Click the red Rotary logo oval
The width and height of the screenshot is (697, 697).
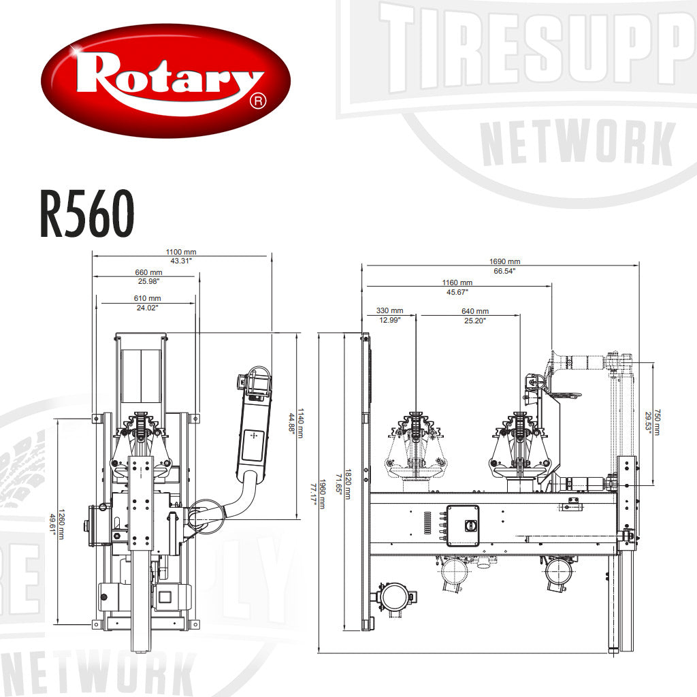[166, 80]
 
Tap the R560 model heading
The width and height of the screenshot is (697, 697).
[86, 214]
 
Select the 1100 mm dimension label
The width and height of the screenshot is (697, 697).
[181, 252]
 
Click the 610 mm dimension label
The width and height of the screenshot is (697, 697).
[147, 299]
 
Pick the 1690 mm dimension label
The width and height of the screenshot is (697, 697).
[504, 261]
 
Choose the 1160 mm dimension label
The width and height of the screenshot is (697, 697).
[457, 282]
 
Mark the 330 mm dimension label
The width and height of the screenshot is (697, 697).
[389, 311]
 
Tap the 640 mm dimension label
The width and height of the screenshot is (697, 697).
[475, 311]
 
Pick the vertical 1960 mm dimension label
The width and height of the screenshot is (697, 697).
[323, 495]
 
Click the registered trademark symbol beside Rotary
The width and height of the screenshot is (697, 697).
[257, 101]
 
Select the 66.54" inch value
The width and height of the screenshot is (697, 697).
[504, 271]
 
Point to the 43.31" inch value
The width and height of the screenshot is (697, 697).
[181, 261]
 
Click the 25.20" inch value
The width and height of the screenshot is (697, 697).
[475, 320]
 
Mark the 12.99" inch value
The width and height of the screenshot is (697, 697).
[389, 320]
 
